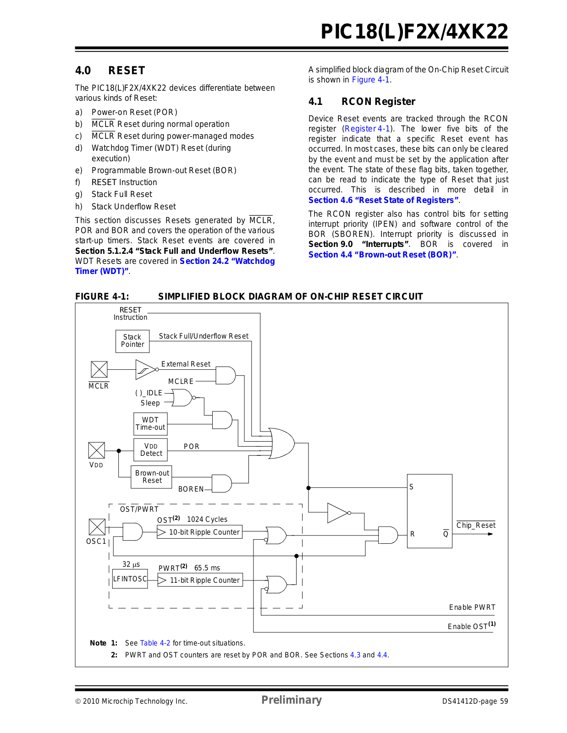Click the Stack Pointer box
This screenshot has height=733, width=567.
132,341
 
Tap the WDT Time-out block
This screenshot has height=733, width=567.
150,424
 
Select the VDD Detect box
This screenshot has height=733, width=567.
150,450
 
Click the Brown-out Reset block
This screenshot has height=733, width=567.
151,477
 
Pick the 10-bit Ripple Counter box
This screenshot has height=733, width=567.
199,532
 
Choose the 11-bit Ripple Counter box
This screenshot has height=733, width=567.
200,580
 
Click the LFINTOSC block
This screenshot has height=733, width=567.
130,579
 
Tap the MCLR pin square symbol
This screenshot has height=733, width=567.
99,369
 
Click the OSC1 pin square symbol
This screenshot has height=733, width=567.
97,527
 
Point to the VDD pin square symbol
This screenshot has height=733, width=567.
97,450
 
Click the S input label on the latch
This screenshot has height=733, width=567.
411,487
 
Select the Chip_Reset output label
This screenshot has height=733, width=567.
476,525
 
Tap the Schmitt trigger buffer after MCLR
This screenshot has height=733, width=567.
147,369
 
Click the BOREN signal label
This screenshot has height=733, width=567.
191,489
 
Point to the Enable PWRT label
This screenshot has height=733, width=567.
472,607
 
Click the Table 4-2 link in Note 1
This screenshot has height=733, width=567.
155,643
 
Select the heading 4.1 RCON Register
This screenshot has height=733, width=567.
362,102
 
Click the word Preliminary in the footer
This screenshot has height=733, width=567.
292,700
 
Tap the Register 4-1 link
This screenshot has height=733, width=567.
367,129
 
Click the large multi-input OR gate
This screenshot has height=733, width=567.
281,443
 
